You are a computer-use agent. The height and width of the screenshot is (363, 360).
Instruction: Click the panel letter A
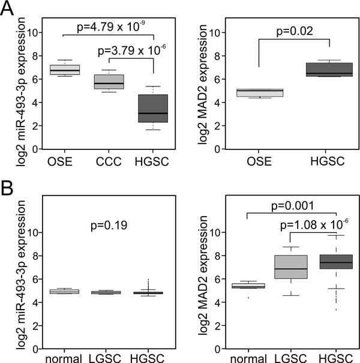10,10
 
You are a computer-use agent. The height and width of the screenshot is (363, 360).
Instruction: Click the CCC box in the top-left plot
107,82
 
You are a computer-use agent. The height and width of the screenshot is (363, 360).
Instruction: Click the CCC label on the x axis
108,161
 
